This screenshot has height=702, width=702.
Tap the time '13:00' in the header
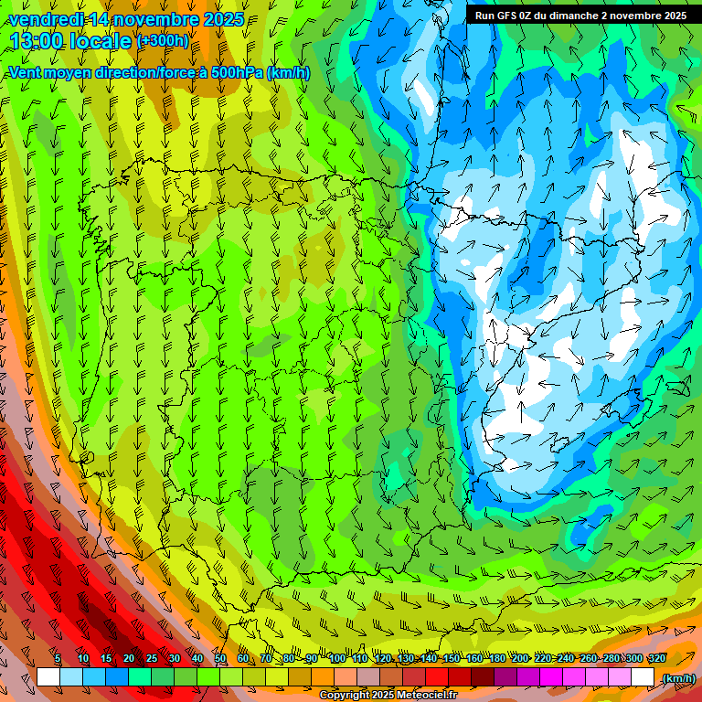coord(37,41)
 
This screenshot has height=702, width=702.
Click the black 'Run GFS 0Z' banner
coord(580,16)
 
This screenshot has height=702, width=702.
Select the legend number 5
coord(58,658)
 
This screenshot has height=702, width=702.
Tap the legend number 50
coord(219,658)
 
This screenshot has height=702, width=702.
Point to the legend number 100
coord(336,658)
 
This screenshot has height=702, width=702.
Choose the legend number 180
coord(496,658)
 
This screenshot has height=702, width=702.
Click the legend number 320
coord(656,658)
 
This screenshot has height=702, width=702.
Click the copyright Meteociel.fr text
coord(388,696)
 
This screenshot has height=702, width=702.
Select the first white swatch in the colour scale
coord(48,677)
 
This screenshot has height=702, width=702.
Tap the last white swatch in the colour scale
coord(643,677)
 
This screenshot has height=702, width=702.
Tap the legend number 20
coord(128,658)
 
